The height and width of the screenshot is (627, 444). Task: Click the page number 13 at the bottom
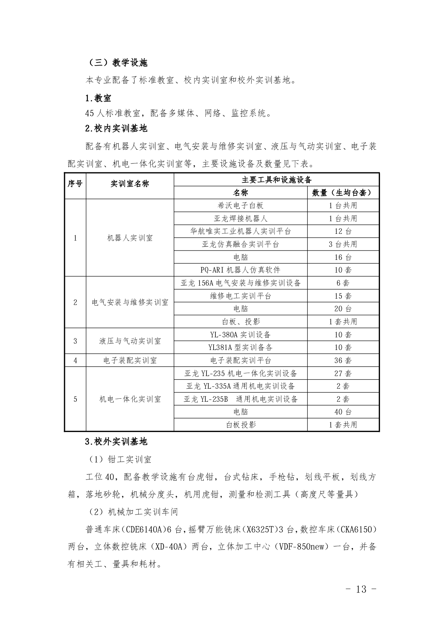361,589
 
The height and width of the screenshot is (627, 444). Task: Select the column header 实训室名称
130,184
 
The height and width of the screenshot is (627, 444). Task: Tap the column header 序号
75,184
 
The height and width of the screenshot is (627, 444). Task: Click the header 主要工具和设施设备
276,180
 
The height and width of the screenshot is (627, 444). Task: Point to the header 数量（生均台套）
343,192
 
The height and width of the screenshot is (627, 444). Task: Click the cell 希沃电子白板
240,206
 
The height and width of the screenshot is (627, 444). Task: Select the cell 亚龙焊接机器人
240,219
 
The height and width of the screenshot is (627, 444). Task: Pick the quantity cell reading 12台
343,231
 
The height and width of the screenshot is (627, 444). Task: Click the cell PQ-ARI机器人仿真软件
240,270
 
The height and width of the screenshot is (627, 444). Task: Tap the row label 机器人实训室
130,238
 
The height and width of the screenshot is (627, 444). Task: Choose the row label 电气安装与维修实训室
130,302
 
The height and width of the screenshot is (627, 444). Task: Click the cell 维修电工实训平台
240,296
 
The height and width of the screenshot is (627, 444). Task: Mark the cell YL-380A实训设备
240,335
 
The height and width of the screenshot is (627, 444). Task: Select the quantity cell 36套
343,360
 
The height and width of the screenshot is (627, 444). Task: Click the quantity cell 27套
343,373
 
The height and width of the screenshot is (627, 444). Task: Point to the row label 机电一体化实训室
130,399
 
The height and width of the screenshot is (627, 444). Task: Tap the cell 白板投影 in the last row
240,425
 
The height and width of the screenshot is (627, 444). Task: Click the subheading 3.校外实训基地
116,442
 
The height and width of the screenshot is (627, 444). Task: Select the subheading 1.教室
98,98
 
